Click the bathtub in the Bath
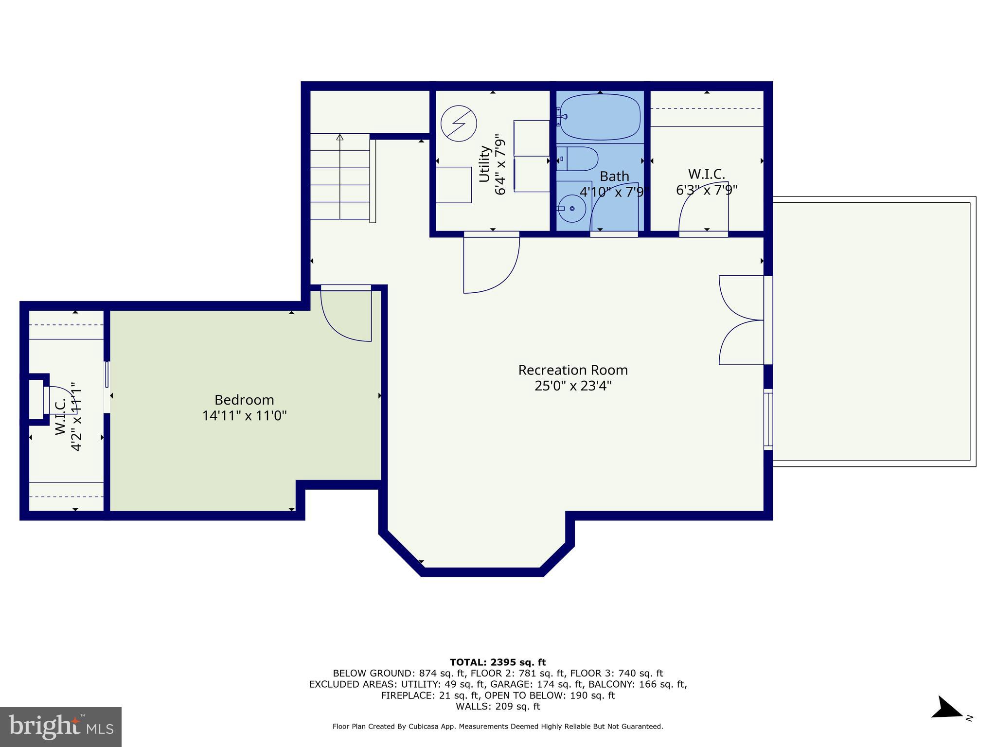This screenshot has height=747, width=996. point(600,117)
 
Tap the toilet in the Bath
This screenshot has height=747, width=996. point(579,159)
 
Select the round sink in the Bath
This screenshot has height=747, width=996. point(571,208)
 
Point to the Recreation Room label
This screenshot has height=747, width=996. point(572,370)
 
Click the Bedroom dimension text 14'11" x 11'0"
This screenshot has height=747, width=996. point(244,415)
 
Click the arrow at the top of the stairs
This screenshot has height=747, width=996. point(340,138)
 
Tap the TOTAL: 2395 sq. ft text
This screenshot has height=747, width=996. point(498,662)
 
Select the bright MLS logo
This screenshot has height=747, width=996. point(61,727)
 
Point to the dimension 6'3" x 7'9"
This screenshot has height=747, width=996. point(706,190)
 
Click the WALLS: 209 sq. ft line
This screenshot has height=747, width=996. point(498,706)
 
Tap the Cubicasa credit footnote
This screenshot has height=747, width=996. point(498,727)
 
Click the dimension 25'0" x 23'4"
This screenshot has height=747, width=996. point(572,386)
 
